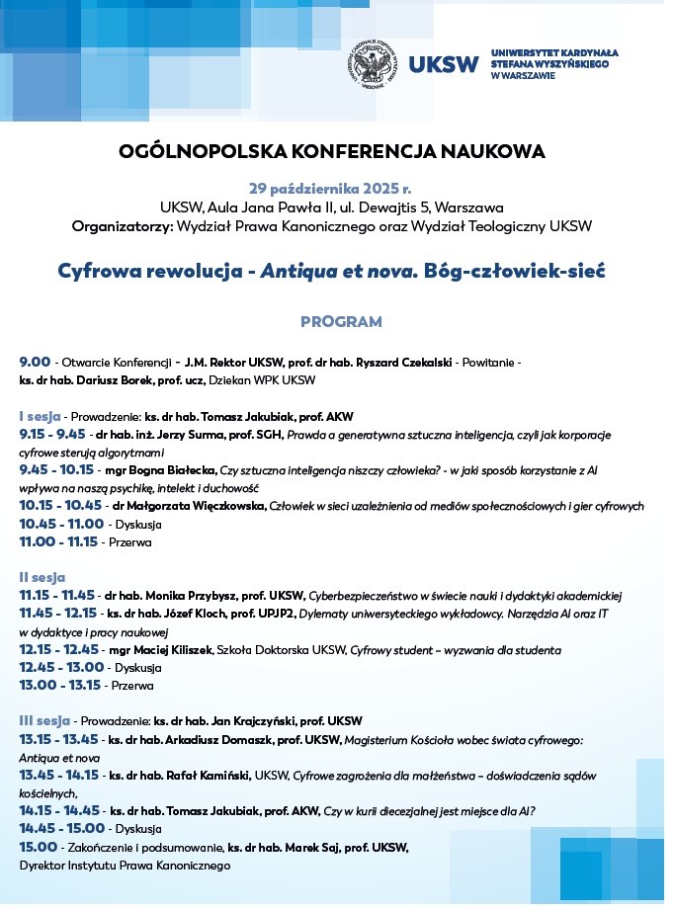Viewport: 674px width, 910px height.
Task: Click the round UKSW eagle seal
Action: pos(375,66)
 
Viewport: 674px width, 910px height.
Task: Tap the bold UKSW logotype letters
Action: pos(443,66)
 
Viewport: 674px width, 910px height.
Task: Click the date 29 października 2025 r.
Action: pos(330,188)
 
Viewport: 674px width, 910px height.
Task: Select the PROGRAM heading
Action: pos(341,322)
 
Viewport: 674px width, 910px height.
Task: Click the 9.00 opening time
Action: pos(35,362)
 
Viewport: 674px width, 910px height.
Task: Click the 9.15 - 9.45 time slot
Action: pos(51,434)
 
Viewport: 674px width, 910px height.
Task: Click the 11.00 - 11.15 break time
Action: pos(58,541)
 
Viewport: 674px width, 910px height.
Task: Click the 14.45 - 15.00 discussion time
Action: pos(58,828)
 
